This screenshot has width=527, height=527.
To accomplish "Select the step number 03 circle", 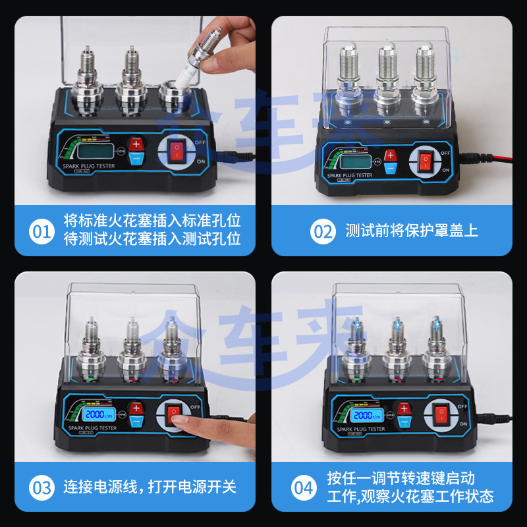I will coord(42,488).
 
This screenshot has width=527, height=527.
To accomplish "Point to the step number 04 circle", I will coord(304,488).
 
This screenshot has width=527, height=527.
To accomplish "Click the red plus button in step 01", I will coord(136,144).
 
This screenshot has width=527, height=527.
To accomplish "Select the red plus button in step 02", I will coord(390,156).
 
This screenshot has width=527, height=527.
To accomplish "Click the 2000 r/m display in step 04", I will coord(366,416).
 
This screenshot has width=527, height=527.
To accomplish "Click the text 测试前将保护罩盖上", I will coord(412,231).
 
